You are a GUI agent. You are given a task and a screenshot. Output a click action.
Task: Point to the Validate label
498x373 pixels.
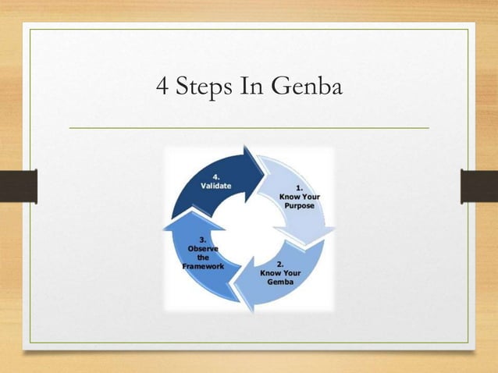[216, 186]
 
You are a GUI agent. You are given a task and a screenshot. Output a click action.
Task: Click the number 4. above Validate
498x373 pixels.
[215, 176]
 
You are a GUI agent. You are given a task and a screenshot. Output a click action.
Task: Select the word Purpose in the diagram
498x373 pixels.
[298, 206]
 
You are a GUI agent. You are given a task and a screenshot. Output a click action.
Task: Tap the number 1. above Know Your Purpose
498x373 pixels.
[299, 187]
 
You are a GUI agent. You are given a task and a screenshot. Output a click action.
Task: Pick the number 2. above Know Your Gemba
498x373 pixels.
[280, 264]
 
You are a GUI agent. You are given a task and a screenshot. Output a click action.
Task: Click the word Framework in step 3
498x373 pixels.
[203, 266]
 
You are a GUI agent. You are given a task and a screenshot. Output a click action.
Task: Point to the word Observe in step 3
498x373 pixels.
[203, 248]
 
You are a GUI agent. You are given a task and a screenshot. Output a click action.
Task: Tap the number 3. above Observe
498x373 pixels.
[203, 239]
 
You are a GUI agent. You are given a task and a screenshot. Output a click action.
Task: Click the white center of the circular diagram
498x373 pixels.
[249, 228]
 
